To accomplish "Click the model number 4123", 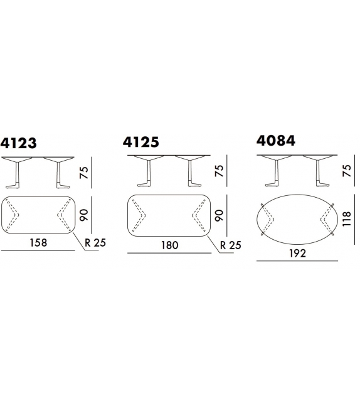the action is click(x=18, y=143).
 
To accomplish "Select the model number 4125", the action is click(x=141, y=142).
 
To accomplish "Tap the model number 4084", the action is click(x=276, y=141).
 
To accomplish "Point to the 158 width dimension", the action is click(x=38, y=243).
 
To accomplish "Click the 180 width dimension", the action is click(x=170, y=245).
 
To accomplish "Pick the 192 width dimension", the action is click(x=298, y=254).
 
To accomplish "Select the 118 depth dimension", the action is click(x=347, y=218).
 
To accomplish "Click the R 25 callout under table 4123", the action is click(x=95, y=243).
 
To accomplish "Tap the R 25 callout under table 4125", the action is click(x=231, y=245).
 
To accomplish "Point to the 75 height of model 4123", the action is click(x=84, y=173).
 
